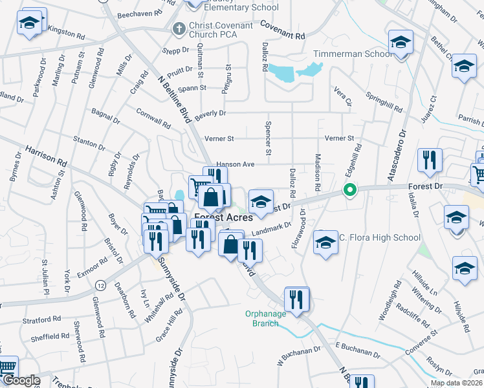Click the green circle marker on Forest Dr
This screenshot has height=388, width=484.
click(349, 190)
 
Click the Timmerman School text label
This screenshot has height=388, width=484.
click(353, 54)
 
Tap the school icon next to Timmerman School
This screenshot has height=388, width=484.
click(401, 43)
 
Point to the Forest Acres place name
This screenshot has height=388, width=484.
click(223, 218)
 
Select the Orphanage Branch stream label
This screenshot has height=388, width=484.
click(270, 319)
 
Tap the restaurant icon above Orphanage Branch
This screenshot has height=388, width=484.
click(296, 299)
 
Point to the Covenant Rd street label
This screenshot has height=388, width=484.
click(282, 30)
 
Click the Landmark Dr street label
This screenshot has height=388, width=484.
click(272, 230)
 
